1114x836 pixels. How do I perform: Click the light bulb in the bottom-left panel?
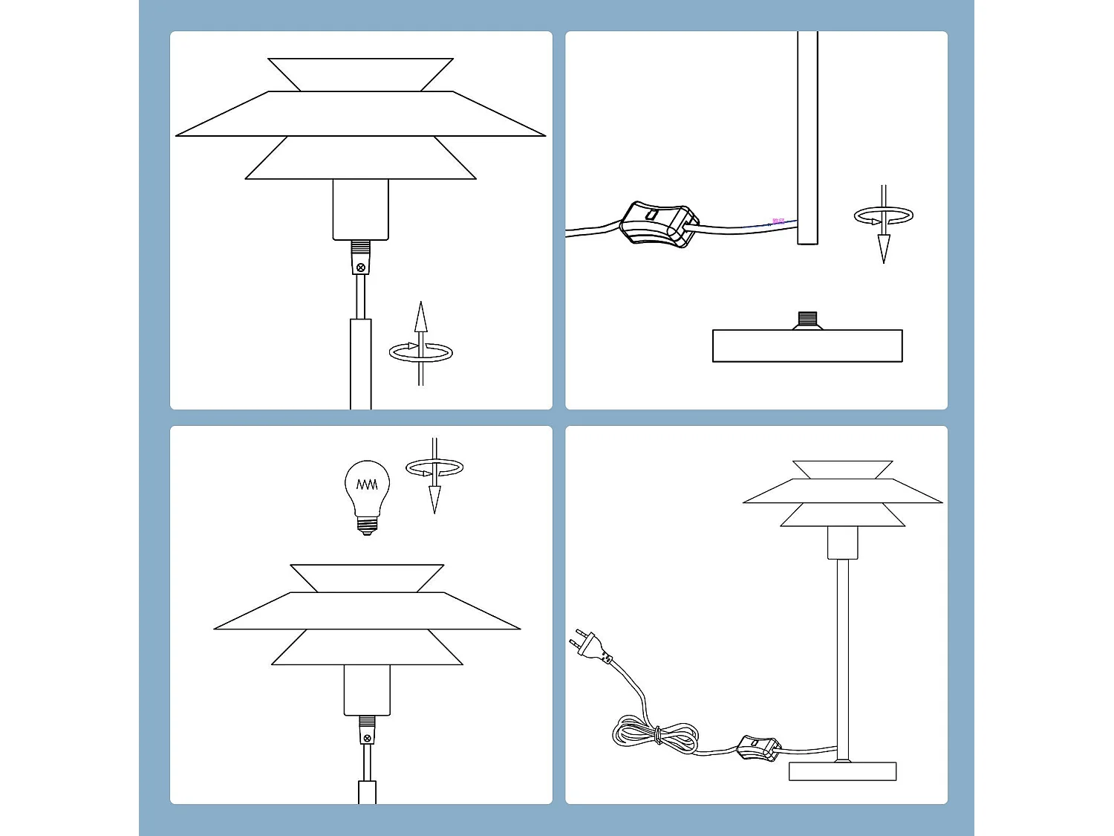point(367,490)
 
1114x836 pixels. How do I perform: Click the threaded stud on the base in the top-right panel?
point(807,320)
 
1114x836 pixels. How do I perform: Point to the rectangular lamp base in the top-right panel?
point(807,346)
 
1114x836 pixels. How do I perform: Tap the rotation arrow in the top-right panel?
point(883,220)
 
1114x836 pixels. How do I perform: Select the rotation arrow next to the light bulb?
point(434,472)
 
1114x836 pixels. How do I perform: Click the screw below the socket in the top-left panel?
point(361,267)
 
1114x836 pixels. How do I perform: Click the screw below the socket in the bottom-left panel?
point(367,738)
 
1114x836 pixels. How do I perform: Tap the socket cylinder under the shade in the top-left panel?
point(361,209)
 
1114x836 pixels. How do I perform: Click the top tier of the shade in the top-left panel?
point(361,74)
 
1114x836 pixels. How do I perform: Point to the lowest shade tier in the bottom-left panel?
point(367,647)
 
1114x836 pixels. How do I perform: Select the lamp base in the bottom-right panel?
point(842,771)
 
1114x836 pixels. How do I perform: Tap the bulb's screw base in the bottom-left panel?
point(367,526)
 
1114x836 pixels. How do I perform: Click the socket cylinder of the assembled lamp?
point(842,542)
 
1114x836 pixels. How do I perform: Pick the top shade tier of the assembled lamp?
point(842,470)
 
